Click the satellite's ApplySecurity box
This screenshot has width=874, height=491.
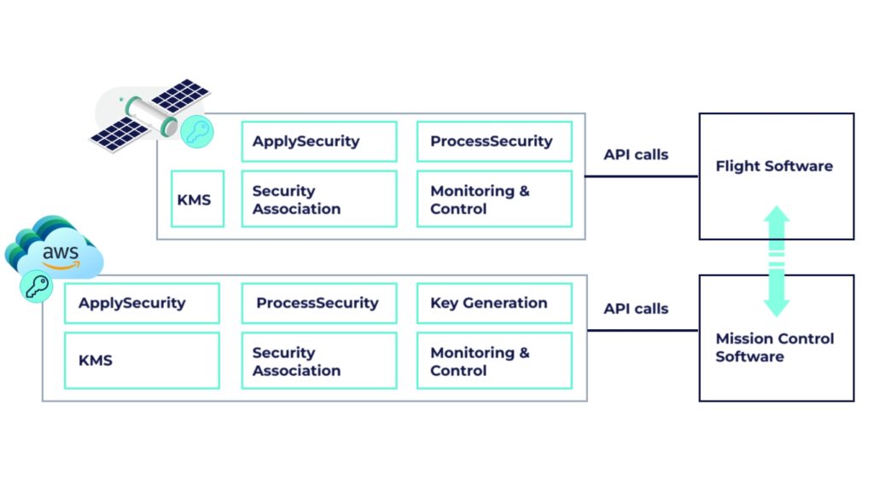click(319, 142)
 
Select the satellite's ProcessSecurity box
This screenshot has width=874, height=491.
click(494, 142)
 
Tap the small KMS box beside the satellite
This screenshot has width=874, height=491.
click(197, 199)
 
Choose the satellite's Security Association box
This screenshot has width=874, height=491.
click(319, 199)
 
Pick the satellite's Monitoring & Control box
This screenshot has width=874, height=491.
click(494, 199)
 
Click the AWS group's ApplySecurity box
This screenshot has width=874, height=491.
click(142, 303)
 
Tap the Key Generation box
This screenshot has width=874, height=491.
click(494, 303)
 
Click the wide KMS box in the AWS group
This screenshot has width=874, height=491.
click(142, 361)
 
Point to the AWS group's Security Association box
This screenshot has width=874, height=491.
click(319, 361)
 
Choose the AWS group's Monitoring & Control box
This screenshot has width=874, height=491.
click(494, 361)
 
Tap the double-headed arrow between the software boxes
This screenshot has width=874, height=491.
click(776, 260)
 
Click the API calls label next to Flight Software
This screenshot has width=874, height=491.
click(636, 155)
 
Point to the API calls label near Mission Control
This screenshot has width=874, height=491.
click(636, 309)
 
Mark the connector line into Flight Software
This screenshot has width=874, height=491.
click(641, 176)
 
